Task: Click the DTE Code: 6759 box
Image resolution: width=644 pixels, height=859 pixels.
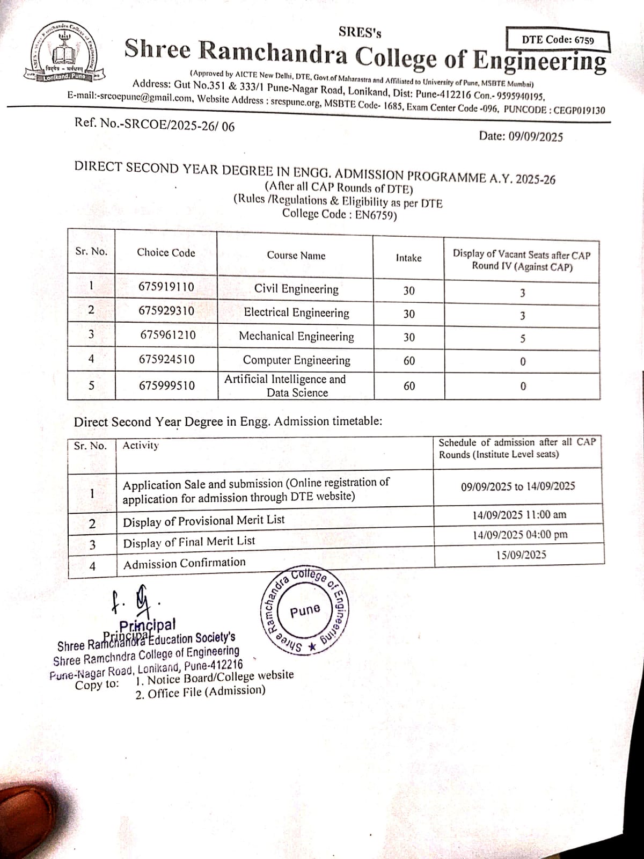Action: point(558,40)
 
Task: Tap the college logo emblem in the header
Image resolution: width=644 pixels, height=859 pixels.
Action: point(63,54)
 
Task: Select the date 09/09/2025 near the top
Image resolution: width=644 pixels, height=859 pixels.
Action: point(521,136)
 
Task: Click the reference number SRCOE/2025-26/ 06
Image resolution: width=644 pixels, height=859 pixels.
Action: point(155,125)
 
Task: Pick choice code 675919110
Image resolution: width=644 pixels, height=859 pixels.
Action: point(166,287)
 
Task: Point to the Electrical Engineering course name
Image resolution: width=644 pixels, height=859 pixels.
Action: point(296,312)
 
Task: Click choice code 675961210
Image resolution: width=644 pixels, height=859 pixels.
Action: point(167,335)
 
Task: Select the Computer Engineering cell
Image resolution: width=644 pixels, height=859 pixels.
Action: point(296,360)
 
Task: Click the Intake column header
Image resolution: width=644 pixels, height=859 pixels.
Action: point(408,258)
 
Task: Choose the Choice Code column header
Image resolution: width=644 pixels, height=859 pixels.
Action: point(166,253)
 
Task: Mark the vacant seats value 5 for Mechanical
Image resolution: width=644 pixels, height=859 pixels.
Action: point(522,339)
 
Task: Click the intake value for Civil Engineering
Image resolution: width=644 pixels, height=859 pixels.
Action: point(408,290)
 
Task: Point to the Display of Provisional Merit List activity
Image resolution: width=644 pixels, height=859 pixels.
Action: point(204,521)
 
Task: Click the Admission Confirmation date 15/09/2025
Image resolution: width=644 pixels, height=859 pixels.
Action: point(521,555)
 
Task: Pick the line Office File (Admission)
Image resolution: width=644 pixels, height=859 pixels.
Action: point(201,692)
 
